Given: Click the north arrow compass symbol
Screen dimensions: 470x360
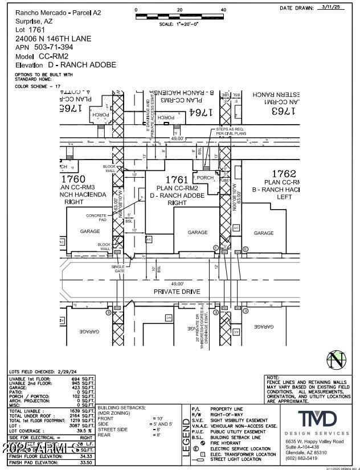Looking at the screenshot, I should click(x=336, y=360).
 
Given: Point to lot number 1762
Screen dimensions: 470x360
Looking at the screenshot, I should click(x=284, y=173).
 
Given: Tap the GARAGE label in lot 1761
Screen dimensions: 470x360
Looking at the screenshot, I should click(x=198, y=232).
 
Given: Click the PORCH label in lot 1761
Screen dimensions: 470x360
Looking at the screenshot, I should click(x=205, y=178).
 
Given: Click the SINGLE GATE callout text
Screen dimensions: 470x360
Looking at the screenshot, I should click(x=118, y=269).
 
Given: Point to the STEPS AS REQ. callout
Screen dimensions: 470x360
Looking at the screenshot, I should click(x=230, y=129).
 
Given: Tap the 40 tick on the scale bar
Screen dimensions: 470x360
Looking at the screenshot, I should click(x=223, y=10).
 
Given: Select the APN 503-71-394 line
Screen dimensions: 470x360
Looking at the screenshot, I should click(x=44, y=47).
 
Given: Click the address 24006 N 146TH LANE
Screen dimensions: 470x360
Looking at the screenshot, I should click(x=53, y=39).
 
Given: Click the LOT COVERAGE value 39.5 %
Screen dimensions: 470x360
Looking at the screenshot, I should click(x=84, y=430).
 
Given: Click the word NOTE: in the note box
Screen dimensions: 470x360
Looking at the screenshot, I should click(x=273, y=378).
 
